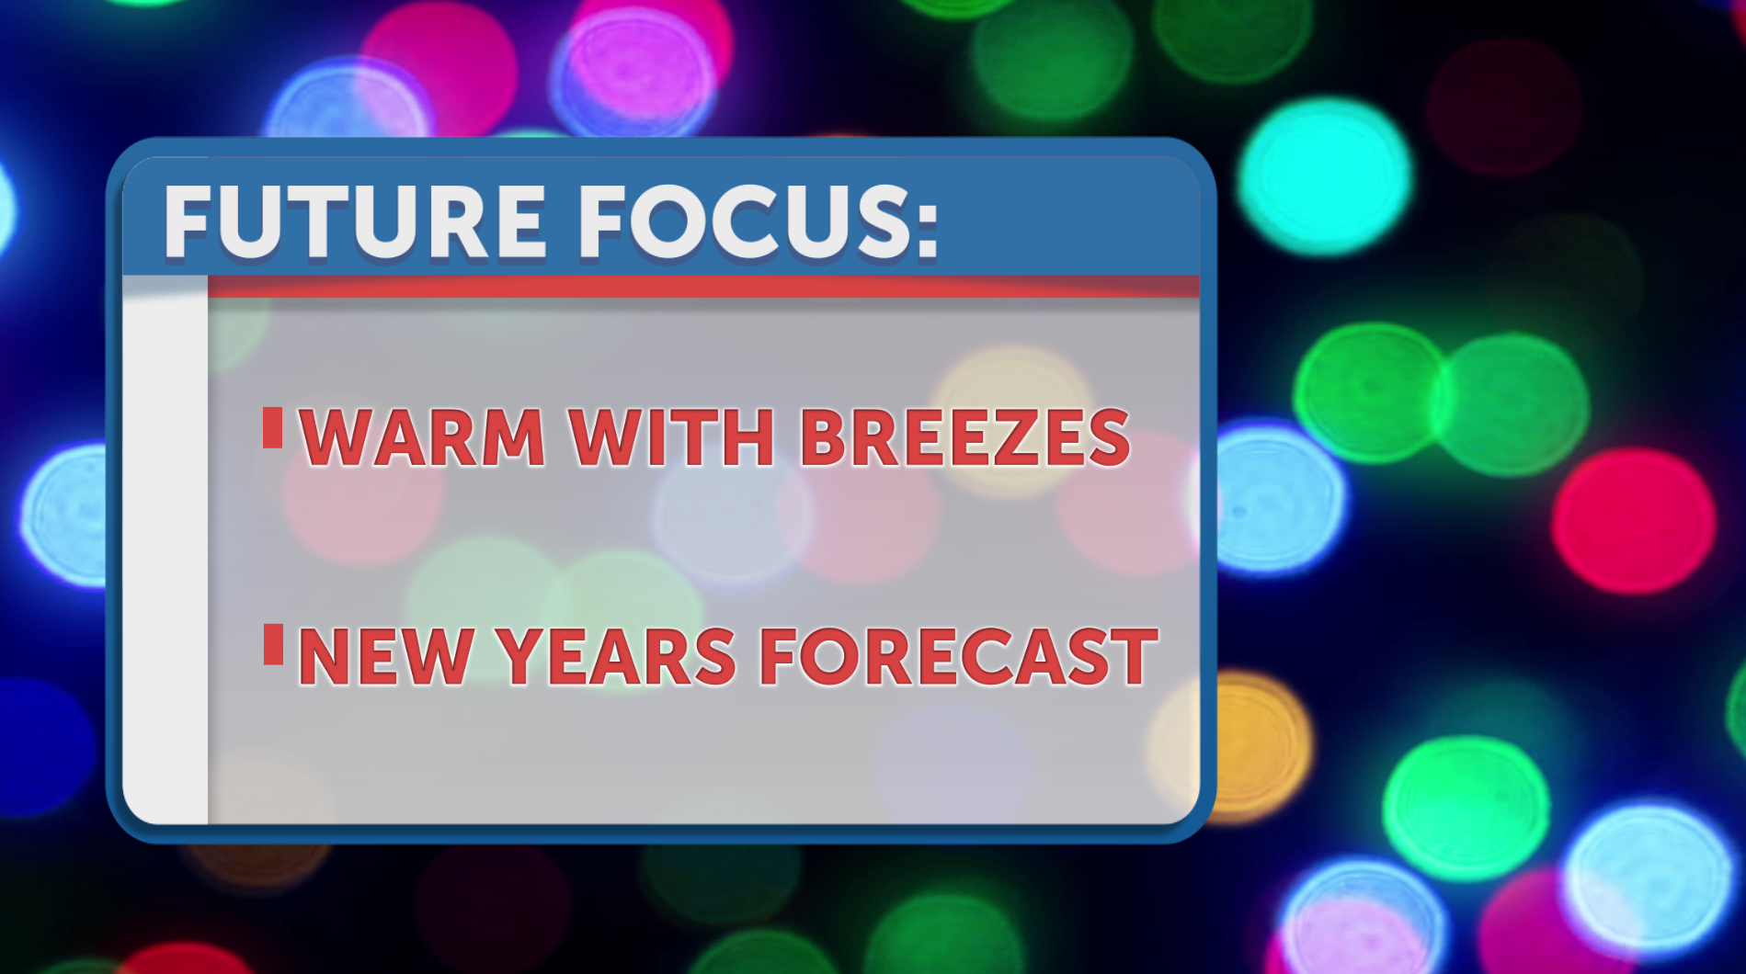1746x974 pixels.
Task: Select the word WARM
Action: pos(423,437)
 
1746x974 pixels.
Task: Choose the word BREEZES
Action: pos(964,437)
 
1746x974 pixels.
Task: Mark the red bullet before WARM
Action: pos(272,427)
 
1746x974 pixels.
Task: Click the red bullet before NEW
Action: pos(273,644)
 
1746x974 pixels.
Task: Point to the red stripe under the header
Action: pos(703,286)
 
